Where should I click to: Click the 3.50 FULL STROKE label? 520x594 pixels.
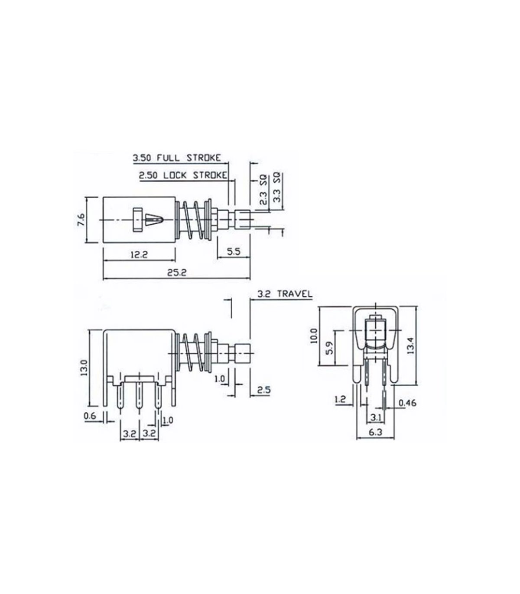tap(177, 158)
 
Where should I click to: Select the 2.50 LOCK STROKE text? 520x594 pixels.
tap(183, 175)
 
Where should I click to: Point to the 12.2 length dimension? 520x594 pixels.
tap(139, 255)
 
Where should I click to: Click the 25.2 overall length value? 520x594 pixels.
tap(177, 273)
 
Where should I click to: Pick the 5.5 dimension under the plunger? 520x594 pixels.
tap(234, 252)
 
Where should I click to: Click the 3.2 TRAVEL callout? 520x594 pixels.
tap(285, 294)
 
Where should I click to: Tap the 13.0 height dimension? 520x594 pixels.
tap(84, 368)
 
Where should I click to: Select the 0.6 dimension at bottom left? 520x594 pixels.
tap(90, 416)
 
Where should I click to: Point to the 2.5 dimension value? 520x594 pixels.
tap(264, 390)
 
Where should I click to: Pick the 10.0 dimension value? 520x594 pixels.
tap(314, 336)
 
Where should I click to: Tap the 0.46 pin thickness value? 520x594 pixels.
tap(407, 403)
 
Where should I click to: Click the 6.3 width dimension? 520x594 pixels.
tap(375, 432)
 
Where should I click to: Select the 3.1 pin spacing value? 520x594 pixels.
tap(376, 417)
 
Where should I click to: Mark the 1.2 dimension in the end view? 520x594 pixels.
tap(340, 400)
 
